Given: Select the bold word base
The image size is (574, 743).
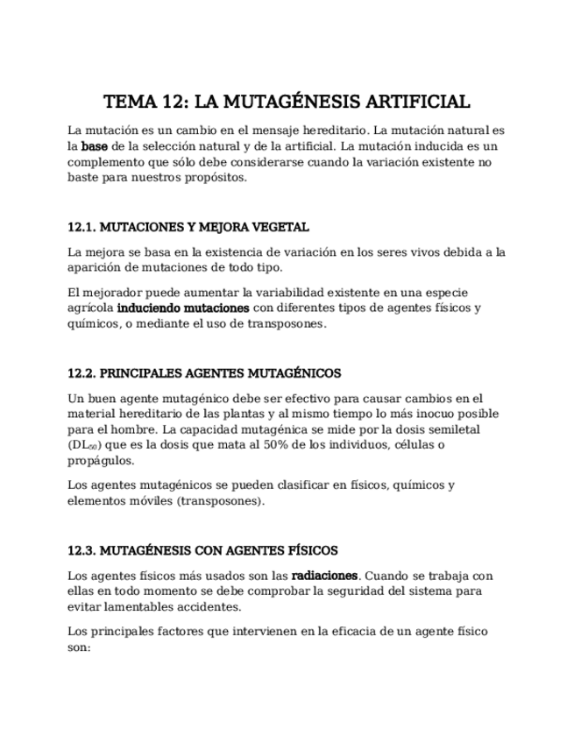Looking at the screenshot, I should (94, 145).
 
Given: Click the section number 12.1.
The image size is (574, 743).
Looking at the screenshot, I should (81, 227).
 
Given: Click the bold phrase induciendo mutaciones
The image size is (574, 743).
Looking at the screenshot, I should (183, 308).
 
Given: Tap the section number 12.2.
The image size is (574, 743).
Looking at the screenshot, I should (81, 373).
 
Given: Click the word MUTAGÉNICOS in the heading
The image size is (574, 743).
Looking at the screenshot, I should (296, 373).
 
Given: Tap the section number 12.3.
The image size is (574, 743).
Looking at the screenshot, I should (81, 551).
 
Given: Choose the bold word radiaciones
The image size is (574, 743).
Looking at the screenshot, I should (324, 576).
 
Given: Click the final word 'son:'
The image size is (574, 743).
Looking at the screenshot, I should (79, 647).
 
